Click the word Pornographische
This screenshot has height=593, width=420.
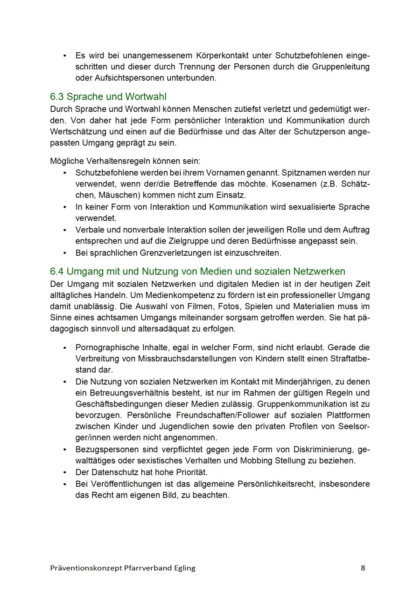click(x=107, y=348)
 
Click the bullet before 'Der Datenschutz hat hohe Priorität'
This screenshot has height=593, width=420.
click(x=65, y=472)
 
